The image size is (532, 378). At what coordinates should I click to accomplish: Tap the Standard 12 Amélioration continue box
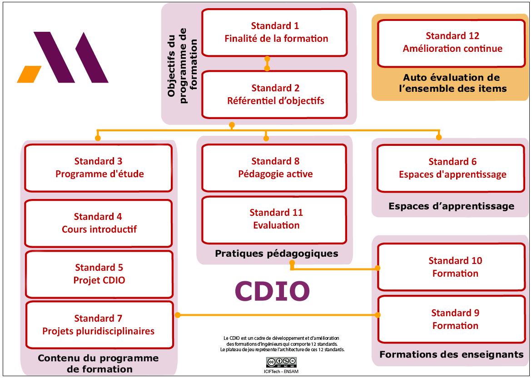(x=452, y=42)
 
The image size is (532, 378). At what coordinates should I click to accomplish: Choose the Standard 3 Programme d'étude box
(x=99, y=168)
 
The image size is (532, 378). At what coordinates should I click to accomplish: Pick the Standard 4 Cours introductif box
(x=99, y=223)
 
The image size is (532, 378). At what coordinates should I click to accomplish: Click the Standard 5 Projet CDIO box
(x=99, y=274)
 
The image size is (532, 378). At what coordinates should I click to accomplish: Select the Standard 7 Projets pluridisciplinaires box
(x=99, y=325)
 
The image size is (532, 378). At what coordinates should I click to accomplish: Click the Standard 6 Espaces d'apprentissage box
(x=452, y=168)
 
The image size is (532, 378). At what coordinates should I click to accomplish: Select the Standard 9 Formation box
(x=455, y=319)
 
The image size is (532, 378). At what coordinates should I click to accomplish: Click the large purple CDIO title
(x=272, y=291)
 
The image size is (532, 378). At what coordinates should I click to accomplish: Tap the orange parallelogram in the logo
(x=29, y=75)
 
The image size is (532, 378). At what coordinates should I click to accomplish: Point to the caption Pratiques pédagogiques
(x=276, y=254)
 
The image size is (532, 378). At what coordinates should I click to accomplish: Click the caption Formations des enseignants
(x=451, y=354)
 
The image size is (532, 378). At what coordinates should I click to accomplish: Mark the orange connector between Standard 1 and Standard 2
(x=267, y=64)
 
